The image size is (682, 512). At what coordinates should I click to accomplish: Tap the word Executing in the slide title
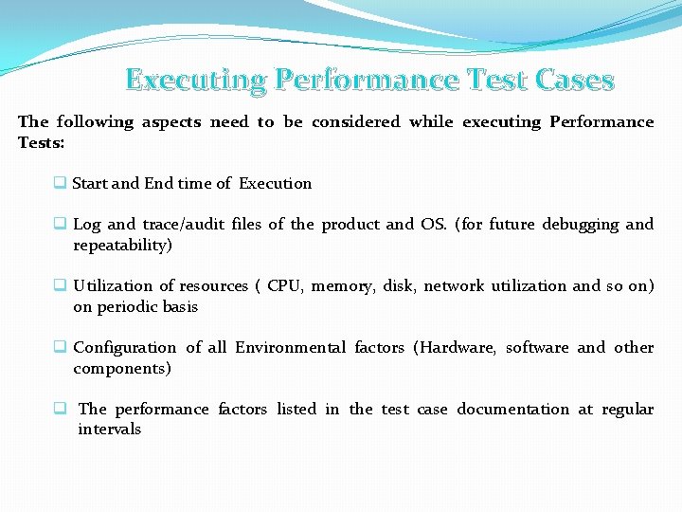(x=195, y=80)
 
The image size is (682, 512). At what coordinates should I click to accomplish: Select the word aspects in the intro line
(x=171, y=121)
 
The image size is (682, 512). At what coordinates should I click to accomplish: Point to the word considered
(x=356, y=121)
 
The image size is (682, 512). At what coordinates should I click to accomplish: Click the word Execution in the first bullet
(x=275, y=183)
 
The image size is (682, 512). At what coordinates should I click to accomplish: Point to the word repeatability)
(x=122, y=245)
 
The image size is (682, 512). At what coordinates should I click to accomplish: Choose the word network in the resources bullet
(x=454, y=285)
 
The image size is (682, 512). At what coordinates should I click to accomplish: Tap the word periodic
(x=132, y=306)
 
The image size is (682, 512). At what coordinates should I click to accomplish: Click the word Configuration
(x=124, y=347)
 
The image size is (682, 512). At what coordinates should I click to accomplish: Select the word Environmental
(x=290, y=347)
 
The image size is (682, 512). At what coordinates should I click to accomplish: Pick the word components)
(x=122, y=368)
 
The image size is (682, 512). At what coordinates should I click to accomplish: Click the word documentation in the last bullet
(x=513, y=409)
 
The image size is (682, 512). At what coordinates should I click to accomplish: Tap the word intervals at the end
(x=110, y=429)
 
